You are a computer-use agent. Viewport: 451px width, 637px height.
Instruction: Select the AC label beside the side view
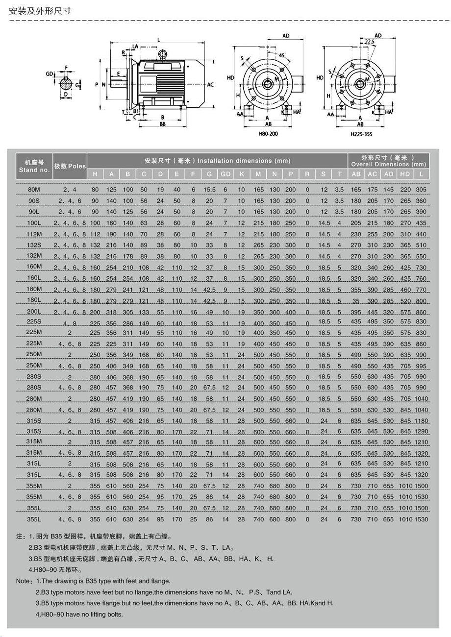(210, 85)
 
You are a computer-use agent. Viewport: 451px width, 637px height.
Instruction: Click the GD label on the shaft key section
(49, 74)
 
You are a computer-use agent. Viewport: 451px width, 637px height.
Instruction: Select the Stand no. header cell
(34, 166)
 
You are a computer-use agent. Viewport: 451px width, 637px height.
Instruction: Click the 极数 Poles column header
(70, 166)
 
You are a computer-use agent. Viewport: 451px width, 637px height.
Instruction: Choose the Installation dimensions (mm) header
(217, 160)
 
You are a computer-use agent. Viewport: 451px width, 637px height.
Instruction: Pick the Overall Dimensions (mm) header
(388, 161)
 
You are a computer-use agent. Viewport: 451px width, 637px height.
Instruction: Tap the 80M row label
(34, 189)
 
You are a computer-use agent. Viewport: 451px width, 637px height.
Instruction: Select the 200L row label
(34, 312)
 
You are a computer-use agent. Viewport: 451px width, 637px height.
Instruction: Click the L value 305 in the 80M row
(421, 190)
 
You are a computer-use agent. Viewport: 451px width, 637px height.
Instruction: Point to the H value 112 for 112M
(95, 234)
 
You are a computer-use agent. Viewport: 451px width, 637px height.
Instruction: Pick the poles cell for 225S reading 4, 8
(70, 323)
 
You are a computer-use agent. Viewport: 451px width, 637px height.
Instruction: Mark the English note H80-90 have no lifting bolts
(79, 614)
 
